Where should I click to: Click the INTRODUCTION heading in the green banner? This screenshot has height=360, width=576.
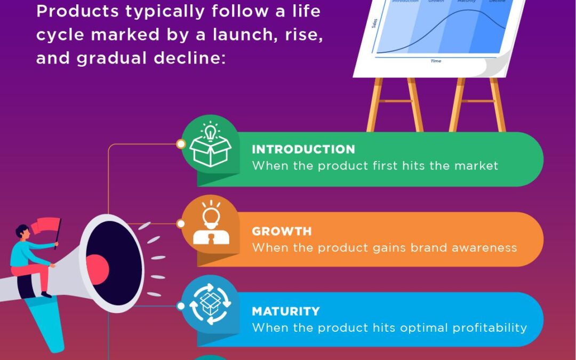click(x=303, y=149)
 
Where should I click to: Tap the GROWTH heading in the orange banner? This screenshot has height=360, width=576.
click(x=282, y=231)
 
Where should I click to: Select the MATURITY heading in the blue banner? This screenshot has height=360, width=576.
click(x=286, y=311)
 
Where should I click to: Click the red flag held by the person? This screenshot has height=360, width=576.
click(x=46, y=225)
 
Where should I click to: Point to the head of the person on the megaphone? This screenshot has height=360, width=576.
click(x=22, y=232)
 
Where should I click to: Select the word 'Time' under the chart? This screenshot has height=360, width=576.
click(x=436, y=61)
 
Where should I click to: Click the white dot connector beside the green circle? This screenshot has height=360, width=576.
click(x=181, y=144)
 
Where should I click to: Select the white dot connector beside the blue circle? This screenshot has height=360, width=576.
click(x=181, y=306)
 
